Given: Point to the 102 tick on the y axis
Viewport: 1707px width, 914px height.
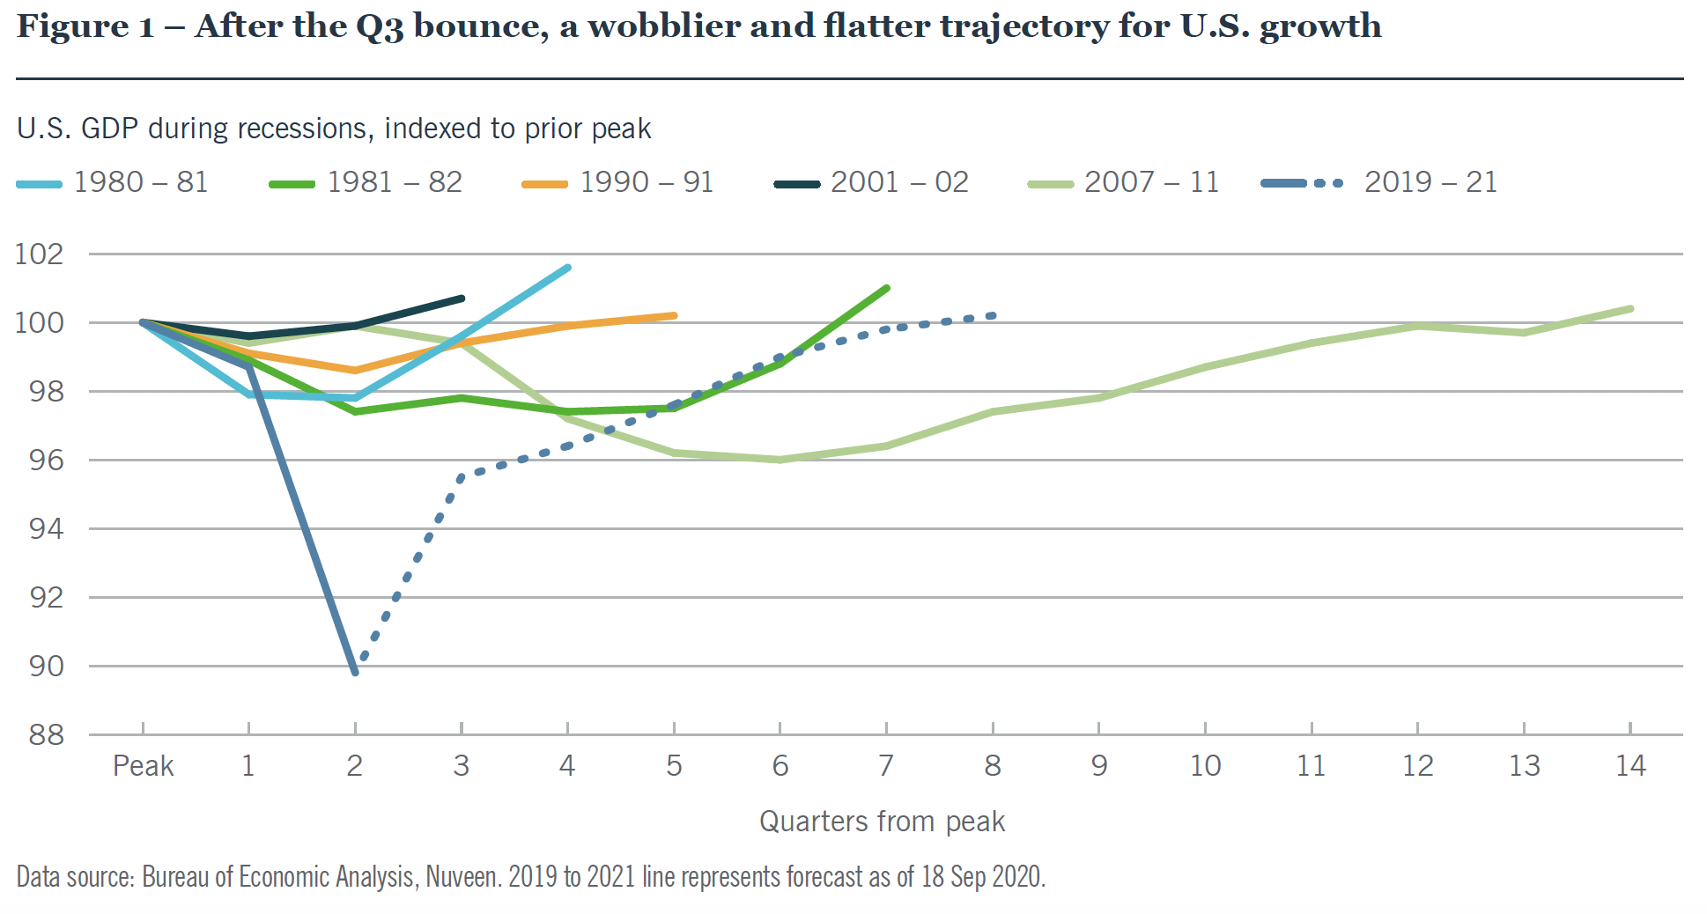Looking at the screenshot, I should [x=40, y=254].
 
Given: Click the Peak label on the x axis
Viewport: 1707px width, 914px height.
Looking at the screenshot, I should [x=143, y=766].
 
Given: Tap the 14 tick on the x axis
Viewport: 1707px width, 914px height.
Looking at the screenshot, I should [x=1630, y=766].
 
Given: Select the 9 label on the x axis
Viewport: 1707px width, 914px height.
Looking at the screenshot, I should [x=1099, y=766].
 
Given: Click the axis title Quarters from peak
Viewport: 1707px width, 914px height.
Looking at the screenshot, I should [x=882, y=822].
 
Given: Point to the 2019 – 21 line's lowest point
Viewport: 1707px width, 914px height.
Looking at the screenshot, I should [x=355, y=673].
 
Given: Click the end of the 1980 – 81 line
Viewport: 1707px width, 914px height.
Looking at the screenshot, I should [x=568, y=267].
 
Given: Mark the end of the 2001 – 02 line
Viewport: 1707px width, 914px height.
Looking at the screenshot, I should [x=462, y=299].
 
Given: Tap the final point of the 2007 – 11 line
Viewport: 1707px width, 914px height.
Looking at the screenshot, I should [x=1630, y=308].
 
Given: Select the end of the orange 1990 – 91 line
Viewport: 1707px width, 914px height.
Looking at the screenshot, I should [x=674, y=315].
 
